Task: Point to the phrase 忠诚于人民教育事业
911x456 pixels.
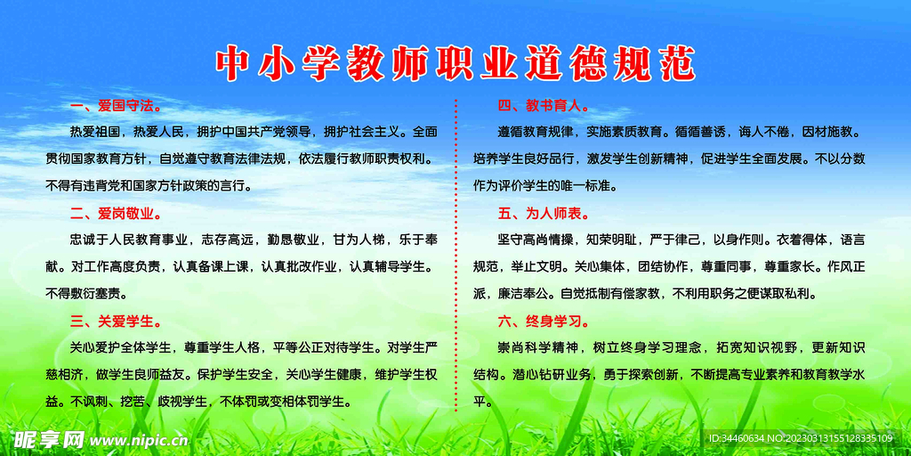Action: pyautogui.click(x=129, y=240)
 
